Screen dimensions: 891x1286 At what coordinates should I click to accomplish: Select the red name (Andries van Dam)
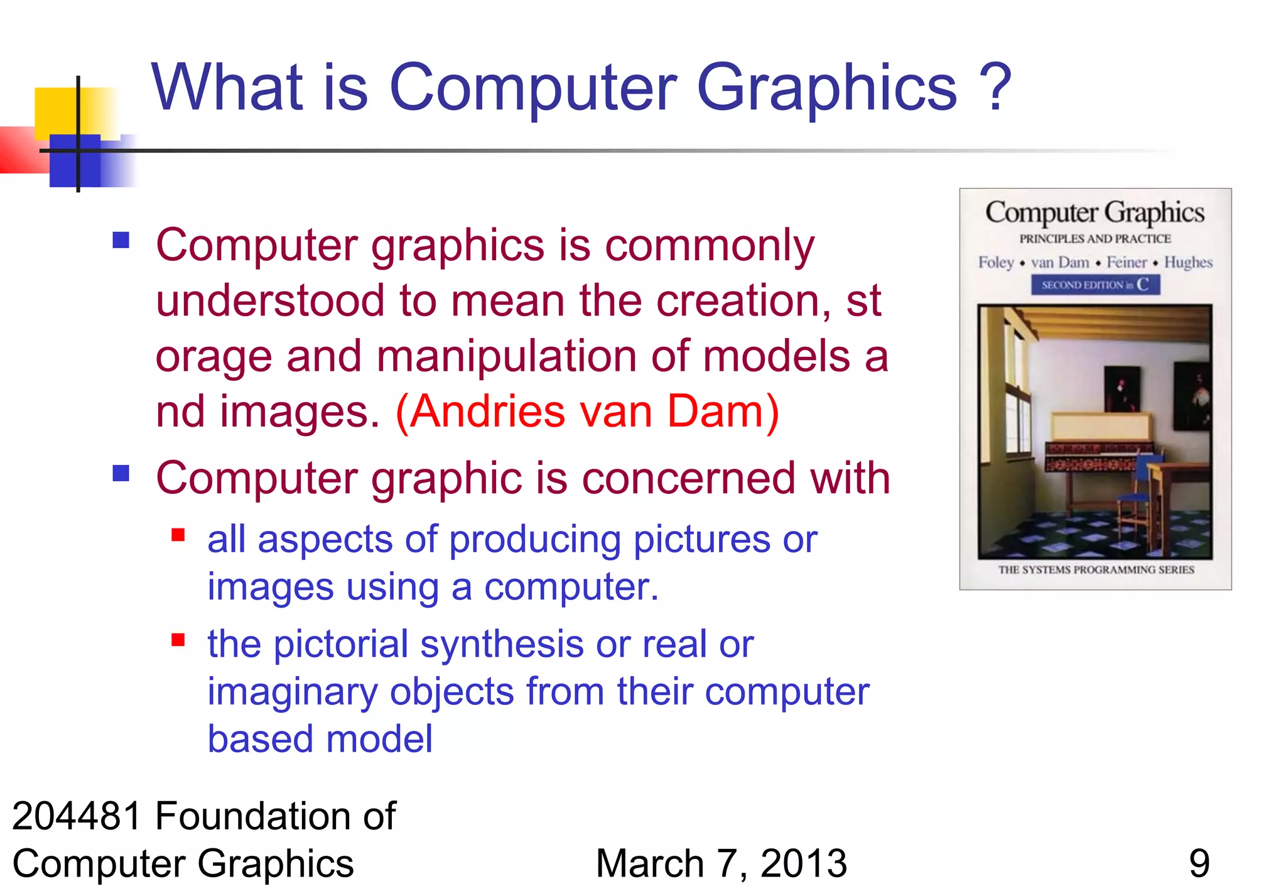(x=587, y=412)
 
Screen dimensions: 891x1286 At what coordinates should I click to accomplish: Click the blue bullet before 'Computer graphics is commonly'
(x=121, y=240)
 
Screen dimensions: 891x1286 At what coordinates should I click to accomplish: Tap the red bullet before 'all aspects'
(x=178, y=535)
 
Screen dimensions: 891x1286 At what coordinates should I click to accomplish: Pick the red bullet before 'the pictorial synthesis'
(x=178, y=640)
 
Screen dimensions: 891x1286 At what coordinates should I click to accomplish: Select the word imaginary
(x=292, y=692)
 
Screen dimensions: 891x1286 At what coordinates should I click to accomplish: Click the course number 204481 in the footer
(x=77, y=816)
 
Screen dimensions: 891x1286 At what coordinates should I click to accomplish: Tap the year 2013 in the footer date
(x=803, y=863)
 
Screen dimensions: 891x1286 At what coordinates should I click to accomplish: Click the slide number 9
(x=1199, y=863)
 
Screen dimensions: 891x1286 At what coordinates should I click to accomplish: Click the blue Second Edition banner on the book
(x=1095, y=285)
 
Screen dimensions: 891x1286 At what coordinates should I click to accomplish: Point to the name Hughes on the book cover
(x=1188, y=262)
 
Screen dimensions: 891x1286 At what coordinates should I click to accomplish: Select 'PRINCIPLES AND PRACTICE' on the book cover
(x=1095, y=239)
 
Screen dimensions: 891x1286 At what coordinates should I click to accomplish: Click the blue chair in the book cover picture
(x=1140, y=491)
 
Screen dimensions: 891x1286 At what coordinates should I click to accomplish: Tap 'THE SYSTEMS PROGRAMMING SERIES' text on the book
(x=1096, y=570)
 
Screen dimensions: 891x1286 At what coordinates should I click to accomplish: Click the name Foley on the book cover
(x=996, y=262)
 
